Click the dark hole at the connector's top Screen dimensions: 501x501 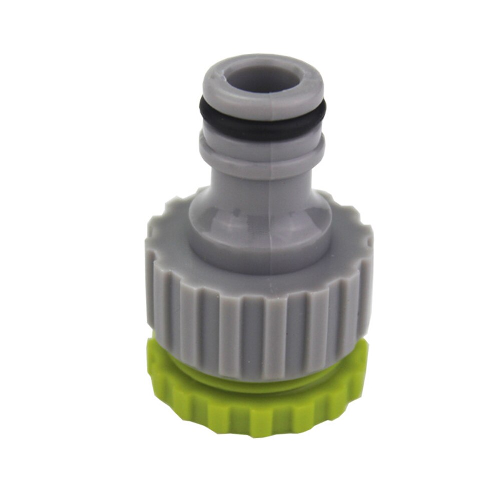click(x=262, y=80)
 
